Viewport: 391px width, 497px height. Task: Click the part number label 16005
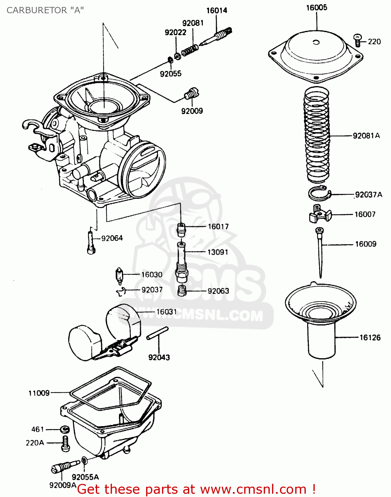[x=316, y=8]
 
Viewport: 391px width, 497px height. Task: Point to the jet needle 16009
[x=320, y=252]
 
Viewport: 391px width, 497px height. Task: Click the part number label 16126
[x=370, y=338]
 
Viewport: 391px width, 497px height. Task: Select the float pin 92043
[x=157, y=333]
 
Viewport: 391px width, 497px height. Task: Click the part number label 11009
[x=39, y=393]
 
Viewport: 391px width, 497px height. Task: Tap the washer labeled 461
[x=65, y=429]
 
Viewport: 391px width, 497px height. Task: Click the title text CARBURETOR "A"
[x=45, y=10]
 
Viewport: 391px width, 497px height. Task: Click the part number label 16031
[x=166, y=312]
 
